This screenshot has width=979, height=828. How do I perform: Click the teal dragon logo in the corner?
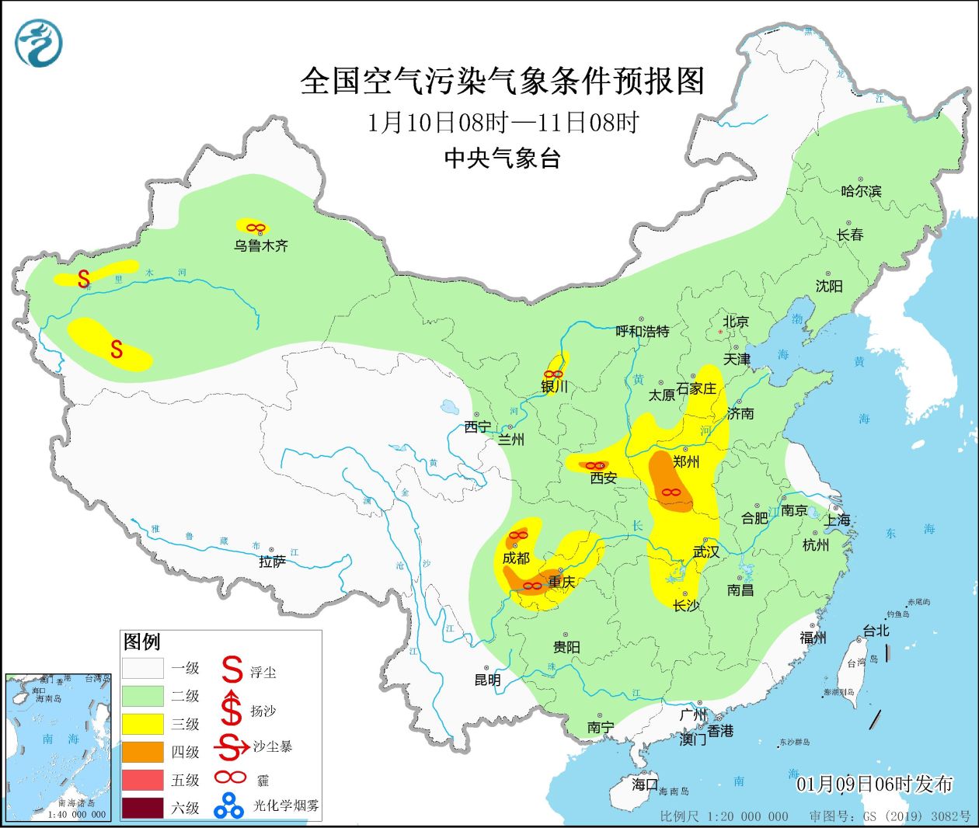coord(38,43)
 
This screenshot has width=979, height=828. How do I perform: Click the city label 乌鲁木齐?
coord(261,245)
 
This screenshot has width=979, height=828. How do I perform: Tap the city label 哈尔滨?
coord(861,190)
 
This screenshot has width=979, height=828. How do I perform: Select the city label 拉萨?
coord(272,562)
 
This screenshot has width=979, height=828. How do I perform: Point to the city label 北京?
coord(735,322)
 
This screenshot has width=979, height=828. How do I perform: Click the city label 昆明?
coord(487,680)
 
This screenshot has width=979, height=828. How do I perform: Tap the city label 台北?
coord(876,631)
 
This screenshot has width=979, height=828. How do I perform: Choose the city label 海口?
coord(644,785)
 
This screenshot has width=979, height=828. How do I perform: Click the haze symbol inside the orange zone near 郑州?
coord(671,492)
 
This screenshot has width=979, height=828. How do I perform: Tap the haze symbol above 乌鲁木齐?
coord(256,228)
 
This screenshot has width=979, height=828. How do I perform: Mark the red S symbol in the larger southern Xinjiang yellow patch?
coord(117,350)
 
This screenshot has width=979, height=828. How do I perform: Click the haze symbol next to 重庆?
coord(532,586)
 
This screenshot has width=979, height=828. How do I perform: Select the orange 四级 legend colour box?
coord(143,752)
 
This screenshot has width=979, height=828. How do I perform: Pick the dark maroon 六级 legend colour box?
coord(143,808)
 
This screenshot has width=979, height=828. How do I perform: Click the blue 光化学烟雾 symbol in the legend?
coord(229,805)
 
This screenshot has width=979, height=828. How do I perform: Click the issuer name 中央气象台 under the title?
coord(502,158)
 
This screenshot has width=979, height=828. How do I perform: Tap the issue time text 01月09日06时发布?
coord(874,784)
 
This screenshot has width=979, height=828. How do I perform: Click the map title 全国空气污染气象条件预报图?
coord(502,82)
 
